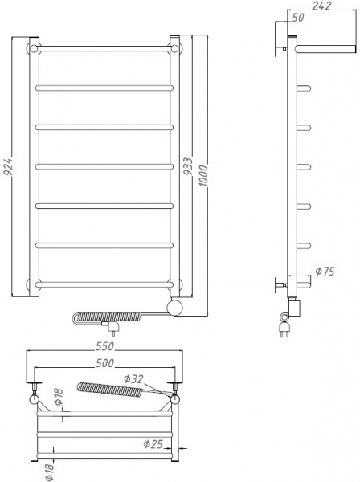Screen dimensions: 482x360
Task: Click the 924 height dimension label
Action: pos(7,166)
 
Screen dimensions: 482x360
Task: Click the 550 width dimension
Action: pos(105,346)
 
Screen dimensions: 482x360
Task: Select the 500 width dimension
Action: pos(105,363)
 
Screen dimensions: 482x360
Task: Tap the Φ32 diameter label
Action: pos(134,378)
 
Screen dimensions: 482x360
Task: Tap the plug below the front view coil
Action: pos(113,327)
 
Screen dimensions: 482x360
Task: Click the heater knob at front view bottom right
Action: pos(177,307)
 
